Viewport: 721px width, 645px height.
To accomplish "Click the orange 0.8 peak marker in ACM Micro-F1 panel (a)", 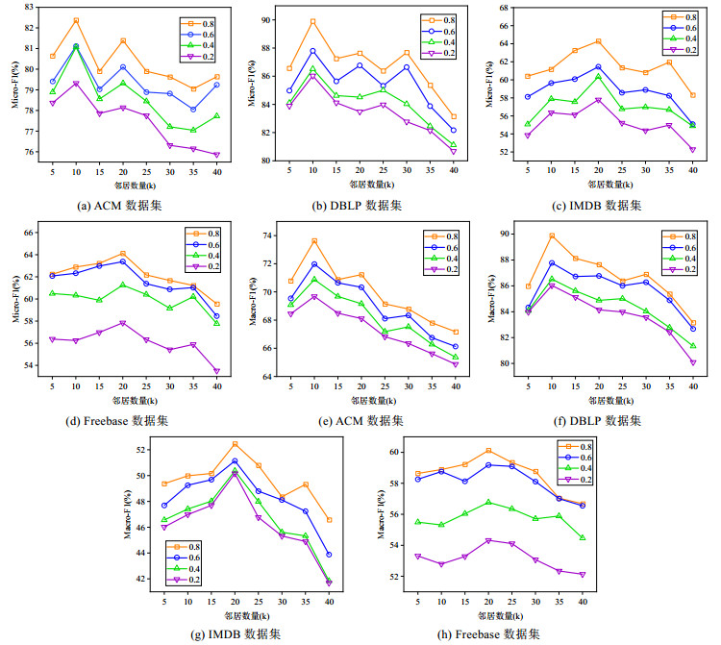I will pos(76,20).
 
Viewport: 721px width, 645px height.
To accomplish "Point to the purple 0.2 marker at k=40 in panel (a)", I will pos(217,155).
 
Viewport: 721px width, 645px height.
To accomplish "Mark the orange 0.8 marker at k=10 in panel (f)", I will pos(552,236).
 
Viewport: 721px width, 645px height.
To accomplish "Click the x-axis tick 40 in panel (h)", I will pos(582,601).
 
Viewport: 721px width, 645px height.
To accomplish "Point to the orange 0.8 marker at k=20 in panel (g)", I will pos(235,443).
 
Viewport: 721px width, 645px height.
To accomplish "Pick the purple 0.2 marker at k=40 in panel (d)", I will pos(217,371).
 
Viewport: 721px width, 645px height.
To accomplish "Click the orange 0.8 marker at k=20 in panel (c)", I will pos(598,41).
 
